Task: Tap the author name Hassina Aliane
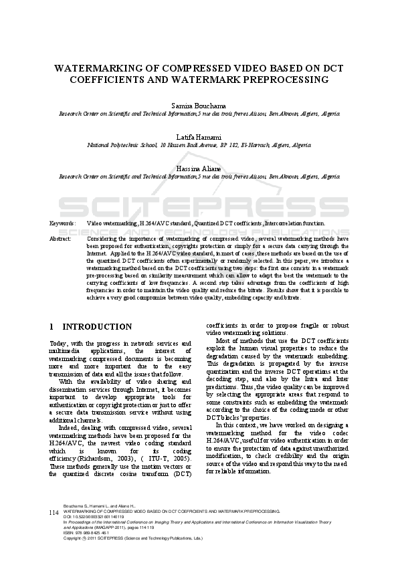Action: [199, 167]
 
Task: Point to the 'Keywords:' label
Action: [64, 223]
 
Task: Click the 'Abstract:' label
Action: [61, 238]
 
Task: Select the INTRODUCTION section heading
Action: [97, 327]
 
